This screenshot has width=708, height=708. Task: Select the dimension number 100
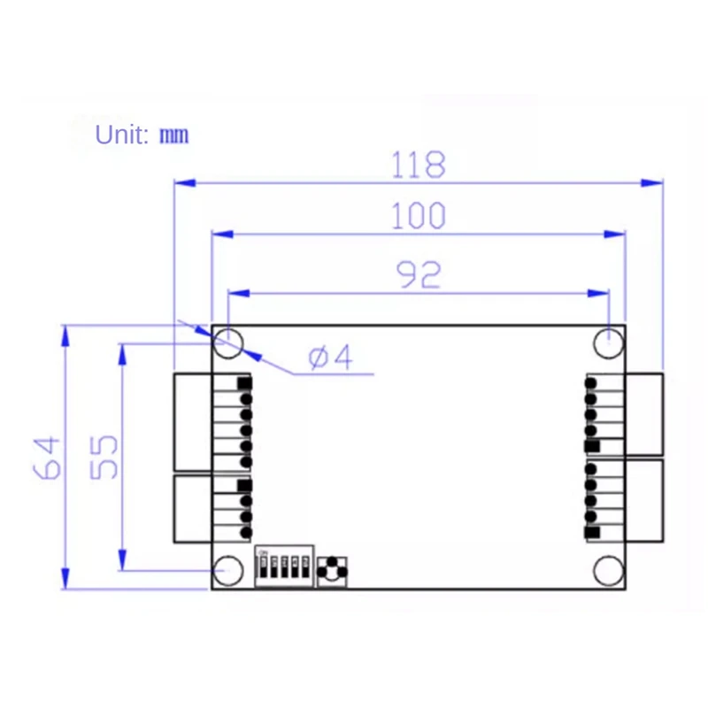click(x=419, y=216)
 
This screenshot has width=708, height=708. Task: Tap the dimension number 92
click(x=418, y=274)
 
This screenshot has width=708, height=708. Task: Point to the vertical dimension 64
click(x=50, y=458)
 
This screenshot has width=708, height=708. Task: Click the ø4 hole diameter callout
click(x=330, y=358)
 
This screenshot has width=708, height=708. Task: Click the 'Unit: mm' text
click(x=142, y=135)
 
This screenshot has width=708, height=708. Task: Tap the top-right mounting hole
click(x=609, y=342)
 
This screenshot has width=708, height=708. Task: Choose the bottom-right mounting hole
click(x=609, y=570)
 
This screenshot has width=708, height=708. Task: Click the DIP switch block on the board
click(x=282, y=566)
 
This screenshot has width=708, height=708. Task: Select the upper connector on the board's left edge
click(x=193, y=422)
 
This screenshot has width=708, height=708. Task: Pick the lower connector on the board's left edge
click(x=193, y=509)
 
